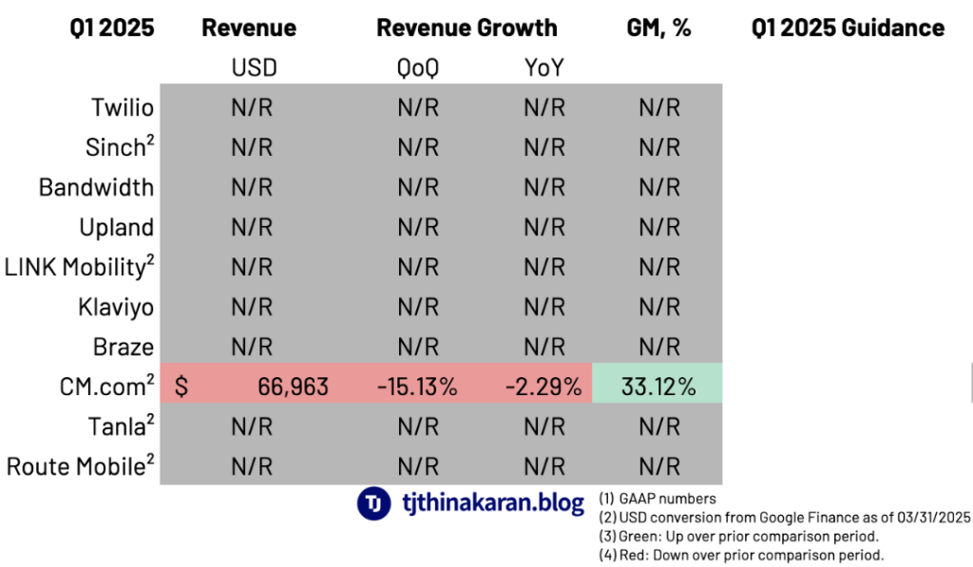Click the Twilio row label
pyautogui.click(x=123, y=106)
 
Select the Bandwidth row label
pyautogui.click(x=96, y=187)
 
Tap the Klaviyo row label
pyautogui.click(x=116, y=307)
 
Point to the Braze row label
pyautogui.click(x=124, y=347)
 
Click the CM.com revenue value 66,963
pyautogui.click(x=293, y=387)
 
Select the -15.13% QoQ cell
pyautogui.click(x=417, y=387)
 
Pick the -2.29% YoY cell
pyautogui.click(x=544, y=387)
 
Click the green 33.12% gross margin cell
pyautogui.click(x=658, y=387)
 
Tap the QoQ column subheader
pyautogui.click(x=417, y=67)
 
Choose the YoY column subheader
pyautogui.click(x=544, y=67)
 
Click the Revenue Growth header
pyautogui.click(x=467, y=28)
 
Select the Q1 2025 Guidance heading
pyautogui.click(x=848, y=28)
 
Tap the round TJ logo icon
pyautogui.click(x=373, y=503)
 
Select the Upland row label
pyautogui.click(x=117, y=227)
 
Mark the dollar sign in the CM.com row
pyautogui.click(x=181, y=387)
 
